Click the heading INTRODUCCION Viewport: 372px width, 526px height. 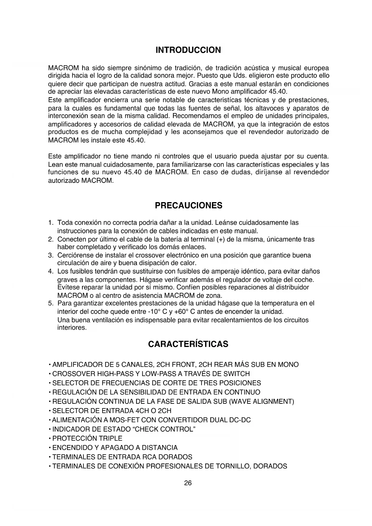click(x=188, y=50)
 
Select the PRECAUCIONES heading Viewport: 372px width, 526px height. click(x=189, y=206)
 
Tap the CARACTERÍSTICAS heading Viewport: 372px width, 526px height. click(x=188, y=344)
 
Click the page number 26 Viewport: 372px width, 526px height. click(x=188, y=483)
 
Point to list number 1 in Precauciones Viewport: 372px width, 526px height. click(x=51, y=223)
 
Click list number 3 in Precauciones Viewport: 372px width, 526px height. click(x=51, y=256)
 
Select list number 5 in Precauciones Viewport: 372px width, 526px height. click(x=51, y=303)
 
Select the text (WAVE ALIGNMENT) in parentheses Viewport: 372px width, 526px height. click(x=261, y=402)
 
